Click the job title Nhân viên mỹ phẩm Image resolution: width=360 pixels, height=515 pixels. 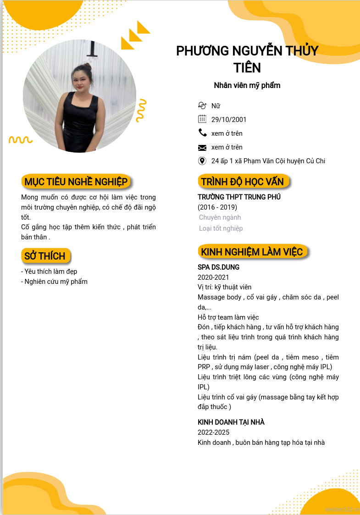[247, 85]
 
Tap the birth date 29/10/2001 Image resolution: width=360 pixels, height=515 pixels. [229, 120]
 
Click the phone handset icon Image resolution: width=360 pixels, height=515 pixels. [202, 133]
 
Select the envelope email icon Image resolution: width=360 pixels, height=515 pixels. [202, 147]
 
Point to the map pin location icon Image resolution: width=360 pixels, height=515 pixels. [202, 161]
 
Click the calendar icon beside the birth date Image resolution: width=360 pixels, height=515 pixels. [202, 119]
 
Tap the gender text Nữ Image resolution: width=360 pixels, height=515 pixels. [216, 106]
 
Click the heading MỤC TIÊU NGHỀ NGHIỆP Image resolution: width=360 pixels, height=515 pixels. [76, 182]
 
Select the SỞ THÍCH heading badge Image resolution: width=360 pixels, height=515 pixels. [45, 256]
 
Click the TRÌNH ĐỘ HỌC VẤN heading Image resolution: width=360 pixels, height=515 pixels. [243, 182]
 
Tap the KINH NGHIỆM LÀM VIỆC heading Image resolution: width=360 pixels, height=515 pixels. [252, 252]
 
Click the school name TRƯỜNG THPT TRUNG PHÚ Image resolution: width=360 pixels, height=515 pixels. [239, 197]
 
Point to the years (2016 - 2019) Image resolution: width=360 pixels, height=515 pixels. [217, 207]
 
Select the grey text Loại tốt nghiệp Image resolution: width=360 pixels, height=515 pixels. [221, 228]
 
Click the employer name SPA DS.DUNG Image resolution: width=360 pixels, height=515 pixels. [218, 267]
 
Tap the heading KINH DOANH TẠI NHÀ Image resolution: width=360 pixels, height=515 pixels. [231, 422]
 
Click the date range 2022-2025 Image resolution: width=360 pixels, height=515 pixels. [213, 432]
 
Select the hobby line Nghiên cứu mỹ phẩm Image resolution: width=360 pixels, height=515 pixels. [55, 282]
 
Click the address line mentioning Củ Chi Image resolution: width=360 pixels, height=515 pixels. [268, 161]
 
